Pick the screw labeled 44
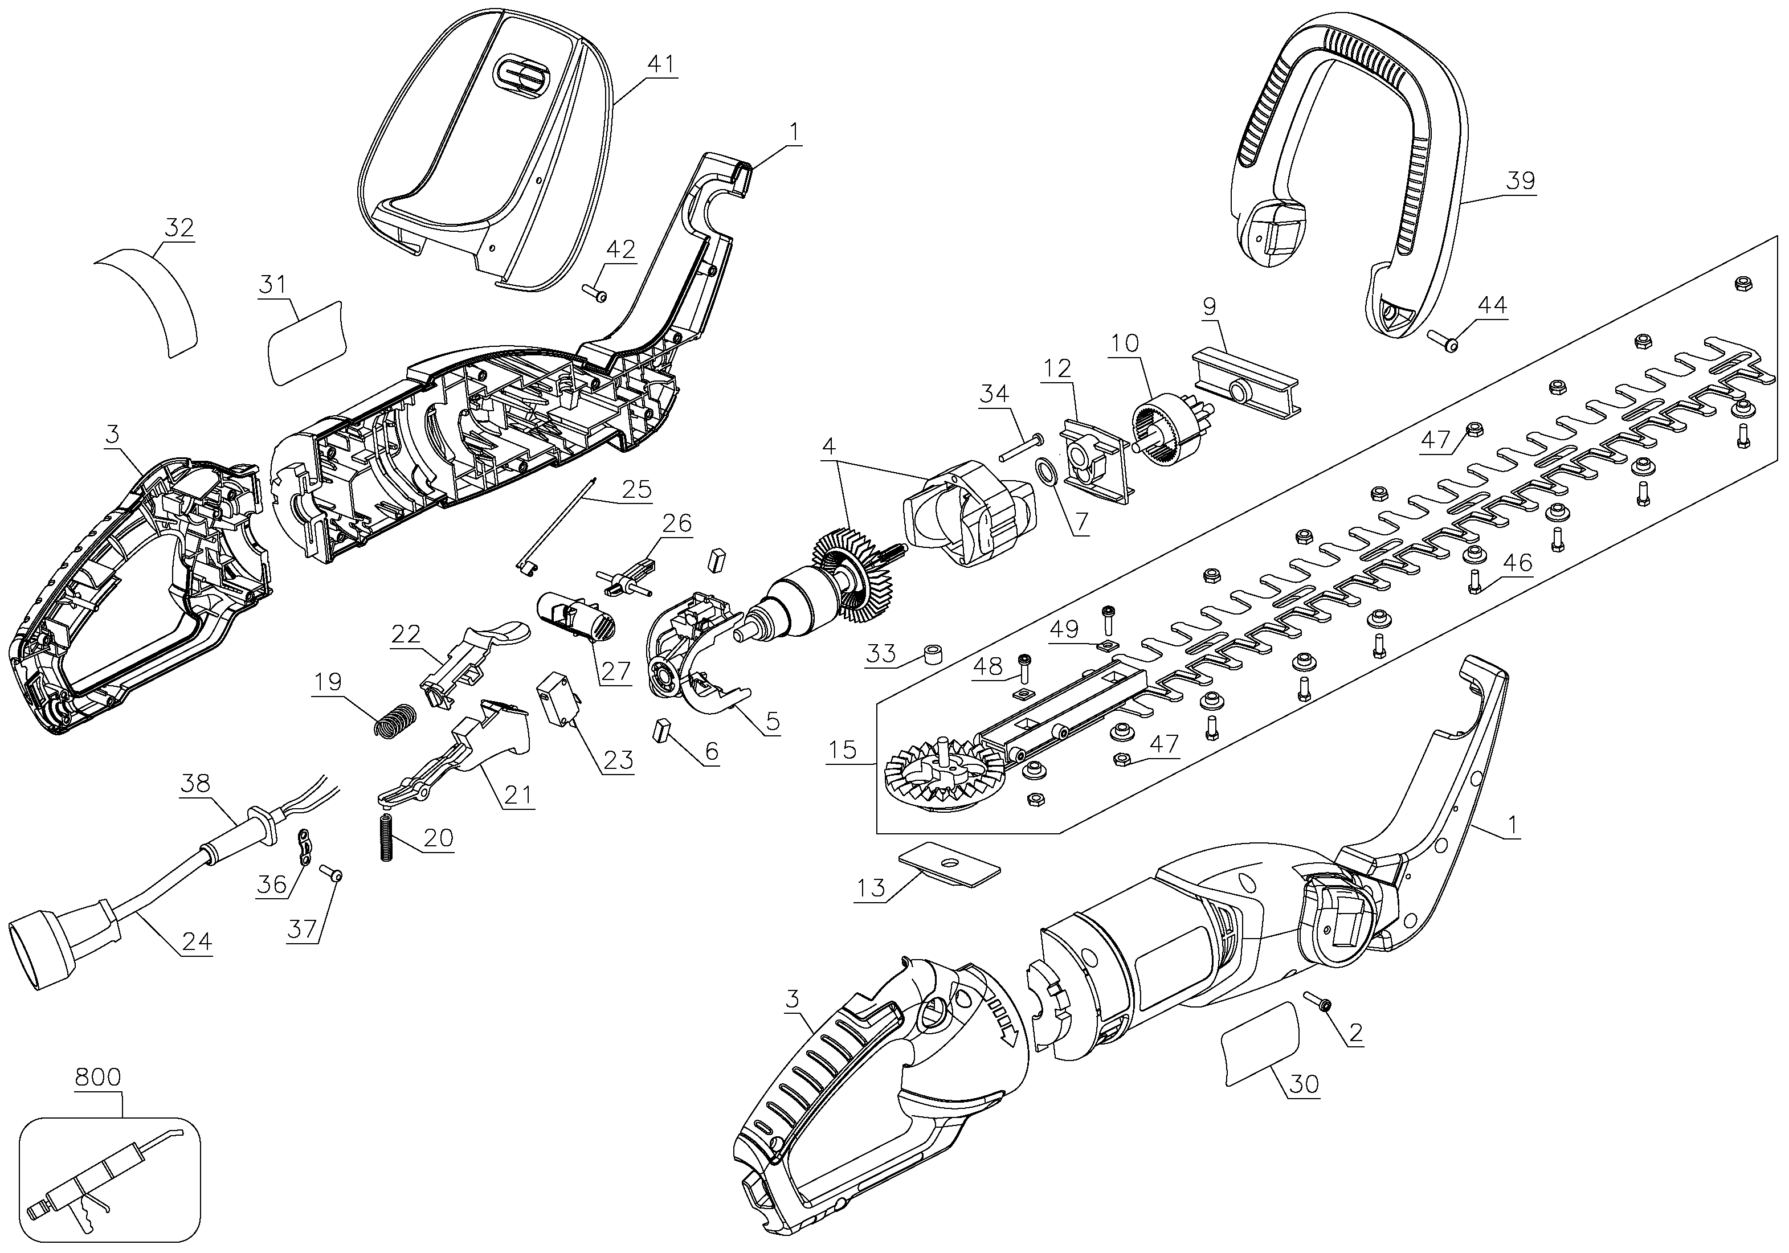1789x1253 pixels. pos(1443,341)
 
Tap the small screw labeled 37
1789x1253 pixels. pos(332,875)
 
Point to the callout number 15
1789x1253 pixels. pos(842,750)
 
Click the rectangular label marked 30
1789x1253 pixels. pos(1261,1043)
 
